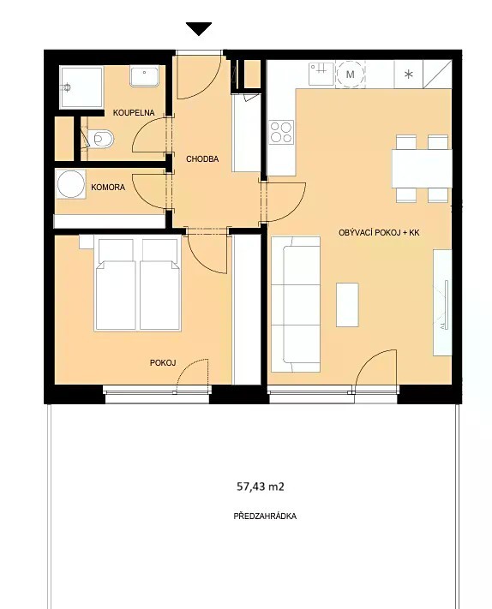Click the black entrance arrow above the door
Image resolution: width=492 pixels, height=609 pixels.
click(x=199, y=29)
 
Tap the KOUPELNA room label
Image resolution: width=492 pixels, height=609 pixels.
click(x=134, y=112)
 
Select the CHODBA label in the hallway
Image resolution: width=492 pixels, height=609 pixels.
click(x=202, y=158)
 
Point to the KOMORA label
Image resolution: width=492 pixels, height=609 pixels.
click(x=108, y=188)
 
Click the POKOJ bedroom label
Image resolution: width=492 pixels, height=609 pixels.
click(x=163, y=363)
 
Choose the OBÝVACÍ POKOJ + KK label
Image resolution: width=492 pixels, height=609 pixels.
click(x=379, y=233)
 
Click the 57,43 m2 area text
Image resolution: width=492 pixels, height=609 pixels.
click(x=261, y=487)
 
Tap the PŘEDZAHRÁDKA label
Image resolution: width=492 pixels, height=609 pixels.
click(x=265, y=516)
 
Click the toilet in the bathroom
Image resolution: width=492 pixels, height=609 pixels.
click(x=100, y=139)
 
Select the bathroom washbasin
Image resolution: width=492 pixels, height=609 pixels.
click(x=145, y=76)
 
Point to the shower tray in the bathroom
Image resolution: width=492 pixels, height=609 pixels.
click(x=81, y=87)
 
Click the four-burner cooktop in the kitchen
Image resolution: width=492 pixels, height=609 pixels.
click(x=281, y=132)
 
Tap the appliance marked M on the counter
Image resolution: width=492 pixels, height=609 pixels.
click(x=351, y=74)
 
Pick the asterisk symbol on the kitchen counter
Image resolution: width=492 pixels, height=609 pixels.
click(x=409, y=74)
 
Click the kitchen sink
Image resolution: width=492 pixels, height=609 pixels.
click(x=321, y=74)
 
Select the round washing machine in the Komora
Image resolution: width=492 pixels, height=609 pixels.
click(x=71, y=184)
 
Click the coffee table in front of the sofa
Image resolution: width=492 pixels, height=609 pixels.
click(x=347, y=305)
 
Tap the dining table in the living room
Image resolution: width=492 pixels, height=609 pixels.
click(x=422, y=169)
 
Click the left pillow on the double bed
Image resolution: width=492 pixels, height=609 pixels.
click(x=116, y=250)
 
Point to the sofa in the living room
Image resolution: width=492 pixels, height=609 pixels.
click(x=296, y=305)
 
